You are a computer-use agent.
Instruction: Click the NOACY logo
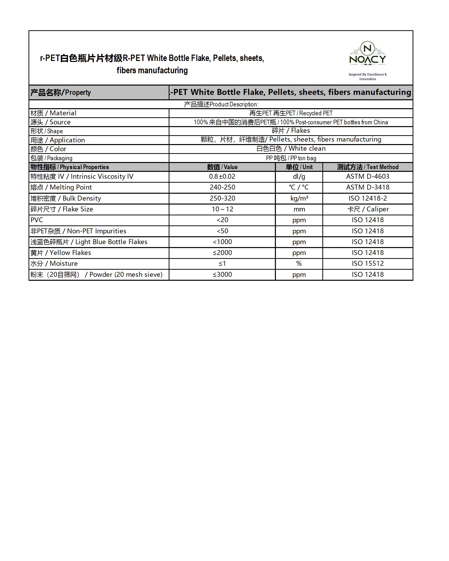click(367, 54)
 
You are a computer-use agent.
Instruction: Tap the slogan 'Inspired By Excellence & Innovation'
click(367, 76)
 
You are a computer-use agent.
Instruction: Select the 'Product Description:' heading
click(221, 104)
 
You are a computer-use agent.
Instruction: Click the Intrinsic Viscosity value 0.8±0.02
click(222, 177)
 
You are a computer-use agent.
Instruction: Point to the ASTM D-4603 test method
click(368, 177)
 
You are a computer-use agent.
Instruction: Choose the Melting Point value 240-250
click(222, 187)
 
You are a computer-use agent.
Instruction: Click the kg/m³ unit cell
click(299, 198)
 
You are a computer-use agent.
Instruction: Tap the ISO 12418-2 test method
click(368, 198)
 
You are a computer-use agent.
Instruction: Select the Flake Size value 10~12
click(222, 209)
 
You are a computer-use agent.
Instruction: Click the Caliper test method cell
click(368, 209)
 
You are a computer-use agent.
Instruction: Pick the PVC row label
click(37, 220)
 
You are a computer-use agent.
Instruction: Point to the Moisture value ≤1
click(222, 264)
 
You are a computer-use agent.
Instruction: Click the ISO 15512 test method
click(368, 264)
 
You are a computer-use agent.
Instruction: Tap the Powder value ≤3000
click(222, 275)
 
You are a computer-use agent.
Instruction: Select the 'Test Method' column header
click(368, 167)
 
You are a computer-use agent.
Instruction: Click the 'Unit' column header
click(299, 167)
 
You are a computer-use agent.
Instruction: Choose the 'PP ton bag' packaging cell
click(291, 158)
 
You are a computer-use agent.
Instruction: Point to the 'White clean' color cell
click(291, 148)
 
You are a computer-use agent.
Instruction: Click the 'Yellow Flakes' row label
click(61, 253)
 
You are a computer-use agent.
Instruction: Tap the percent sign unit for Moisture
click(299, 264)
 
